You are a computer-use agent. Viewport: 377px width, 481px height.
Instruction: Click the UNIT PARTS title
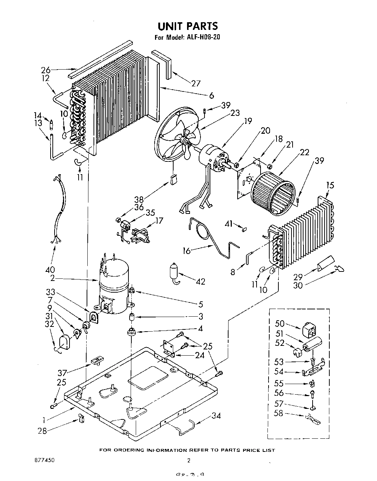click(187, 26)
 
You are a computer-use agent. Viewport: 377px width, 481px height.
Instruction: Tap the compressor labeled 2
click(114, 288)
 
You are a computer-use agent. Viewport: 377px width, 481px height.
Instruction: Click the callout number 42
click(200, 281)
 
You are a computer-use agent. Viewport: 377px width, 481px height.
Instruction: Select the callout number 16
click(186, 251)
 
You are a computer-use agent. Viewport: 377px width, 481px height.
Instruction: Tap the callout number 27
click(196, 83)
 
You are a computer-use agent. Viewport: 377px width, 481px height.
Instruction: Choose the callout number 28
click(42, 431)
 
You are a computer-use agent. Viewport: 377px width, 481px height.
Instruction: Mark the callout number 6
click(211, 96)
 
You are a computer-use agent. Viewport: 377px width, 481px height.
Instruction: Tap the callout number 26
click(45, 70)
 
